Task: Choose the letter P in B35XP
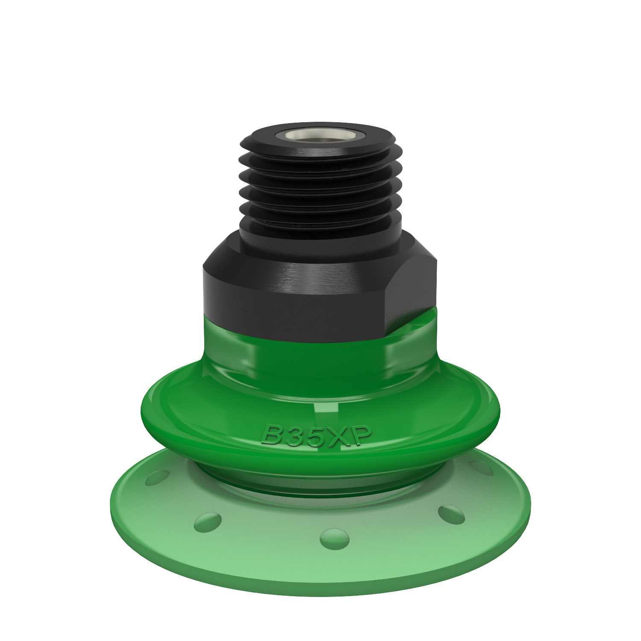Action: pyautogui.click(x=357, y=435)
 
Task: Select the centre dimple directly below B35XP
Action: pyautogui.click(x=328, y=536)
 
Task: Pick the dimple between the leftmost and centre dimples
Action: pyautogui.click(x=208, y=521)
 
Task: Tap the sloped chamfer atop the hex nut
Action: pyautogui.click(x=320, y=252)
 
